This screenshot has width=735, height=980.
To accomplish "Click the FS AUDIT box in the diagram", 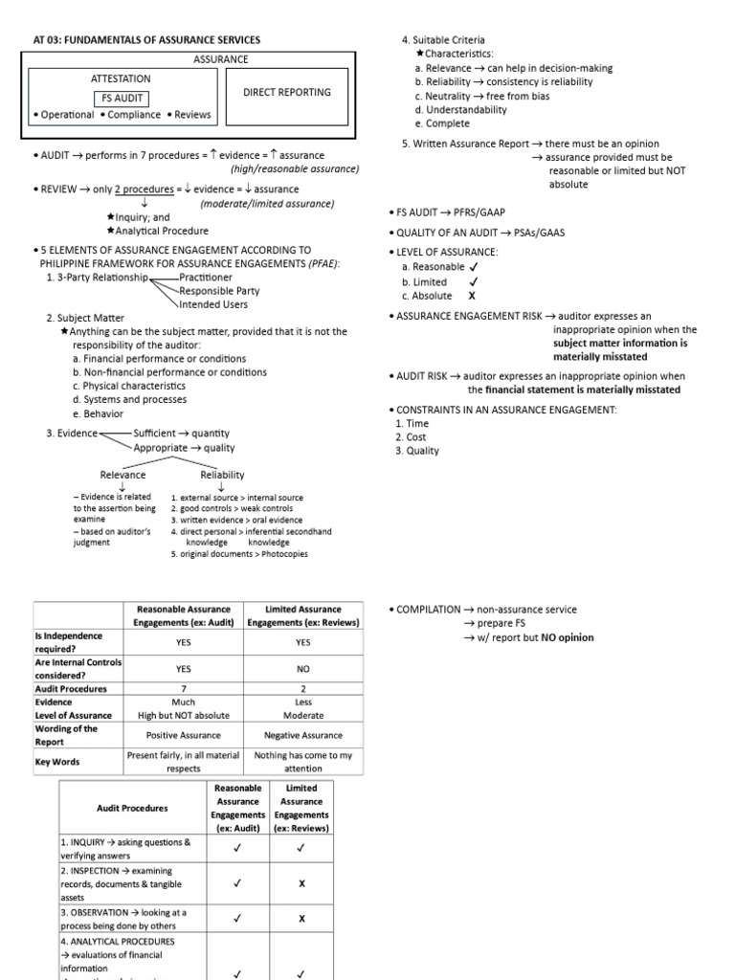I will [x=121, y=98].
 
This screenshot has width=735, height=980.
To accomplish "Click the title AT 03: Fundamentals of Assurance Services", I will [x=147, y=39].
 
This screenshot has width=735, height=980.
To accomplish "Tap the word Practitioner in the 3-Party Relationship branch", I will [x=210, y=278].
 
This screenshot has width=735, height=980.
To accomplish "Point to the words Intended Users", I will [x=213, y=304].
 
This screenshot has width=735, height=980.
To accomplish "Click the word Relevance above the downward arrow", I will [x=123, y=475].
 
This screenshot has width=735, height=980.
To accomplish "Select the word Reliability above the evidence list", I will [x=222, y=475].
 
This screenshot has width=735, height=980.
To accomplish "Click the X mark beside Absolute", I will [x=471, y=297].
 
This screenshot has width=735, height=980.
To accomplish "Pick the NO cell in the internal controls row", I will [x=303, y=670].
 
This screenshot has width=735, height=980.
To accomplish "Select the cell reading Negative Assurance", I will [x=303, y=735].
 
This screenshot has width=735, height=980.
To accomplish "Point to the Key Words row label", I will [x=57, y=762].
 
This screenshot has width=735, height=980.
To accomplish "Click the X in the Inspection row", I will [x=301, y=884].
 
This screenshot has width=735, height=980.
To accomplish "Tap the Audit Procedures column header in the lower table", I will [x=132, y=808].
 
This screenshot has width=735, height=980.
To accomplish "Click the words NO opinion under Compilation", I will [x=567, y=638].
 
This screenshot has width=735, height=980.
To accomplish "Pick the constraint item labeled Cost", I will [x=416, y=437].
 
